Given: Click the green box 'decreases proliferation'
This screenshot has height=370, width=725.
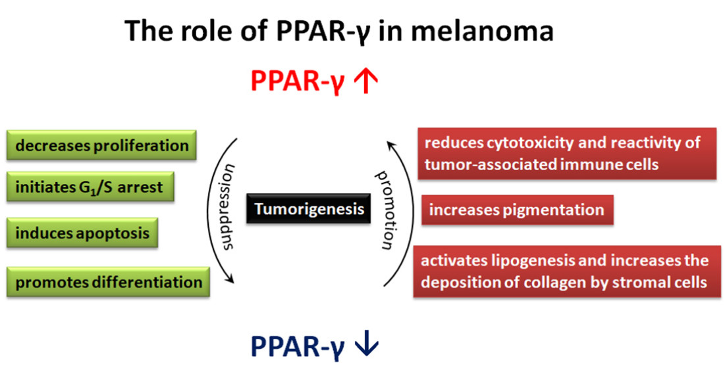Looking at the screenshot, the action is tap(101, 145).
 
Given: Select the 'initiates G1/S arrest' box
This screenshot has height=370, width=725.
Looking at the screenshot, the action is tap(90, 187).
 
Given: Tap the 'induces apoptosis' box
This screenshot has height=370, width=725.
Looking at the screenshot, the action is tap(82, 233).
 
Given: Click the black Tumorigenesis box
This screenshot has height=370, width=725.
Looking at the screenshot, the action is tap(308, 208).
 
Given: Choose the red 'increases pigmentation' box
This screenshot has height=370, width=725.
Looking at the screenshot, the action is tap(518, 210).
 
